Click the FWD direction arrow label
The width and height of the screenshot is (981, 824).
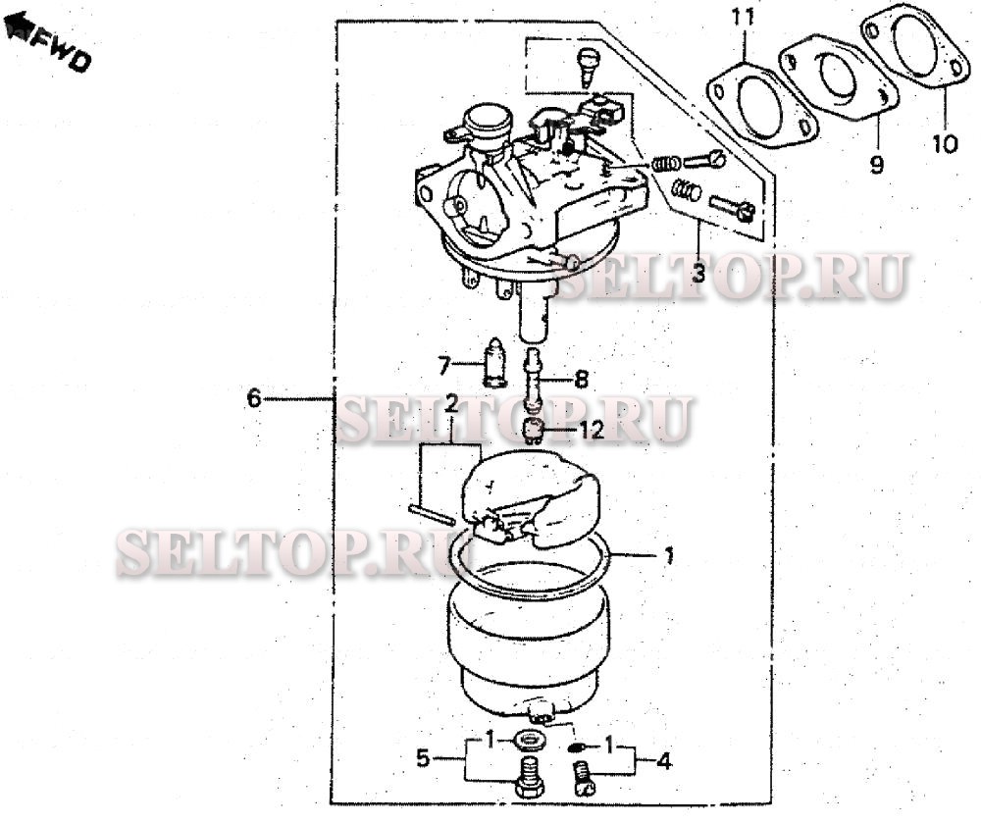point(48,40)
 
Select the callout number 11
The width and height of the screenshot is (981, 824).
point(744,18)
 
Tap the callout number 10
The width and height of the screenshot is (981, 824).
point(945,144)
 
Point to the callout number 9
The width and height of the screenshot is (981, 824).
point(876,165)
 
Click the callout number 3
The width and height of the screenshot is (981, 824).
point(698,274)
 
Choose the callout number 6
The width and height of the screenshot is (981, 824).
point(253,397)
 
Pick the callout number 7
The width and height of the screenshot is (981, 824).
point(443,365)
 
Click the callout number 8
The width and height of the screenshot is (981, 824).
point(581,379)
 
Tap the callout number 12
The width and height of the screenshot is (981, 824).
point(592,430)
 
